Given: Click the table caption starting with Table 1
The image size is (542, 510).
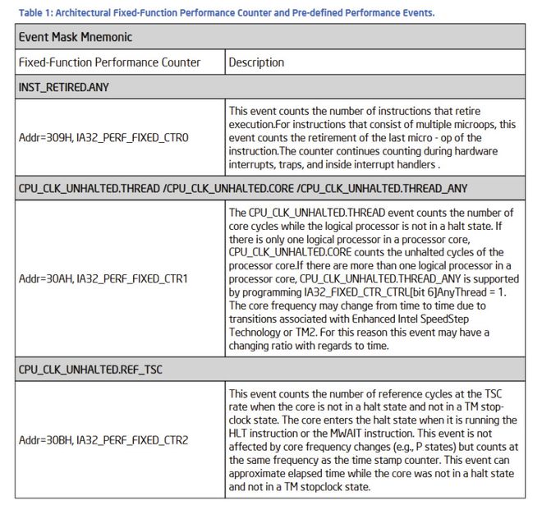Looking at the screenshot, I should pyautogui.click(x=225, y=12).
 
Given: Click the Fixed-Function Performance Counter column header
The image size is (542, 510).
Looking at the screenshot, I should pyautogui.click(x=109, y=62).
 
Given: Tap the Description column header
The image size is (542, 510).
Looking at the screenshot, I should pyautogui.click(x=256, y=62).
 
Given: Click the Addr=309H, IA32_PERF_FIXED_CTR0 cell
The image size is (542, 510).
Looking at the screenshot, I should pyautogui.click(x=103, y=137).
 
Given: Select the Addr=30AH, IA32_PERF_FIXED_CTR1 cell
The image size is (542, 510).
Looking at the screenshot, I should pyautogui.click(x=103, y=278).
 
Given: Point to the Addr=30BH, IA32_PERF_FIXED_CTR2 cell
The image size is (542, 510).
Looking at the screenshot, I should pyautogui.click(x=103, y=440).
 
